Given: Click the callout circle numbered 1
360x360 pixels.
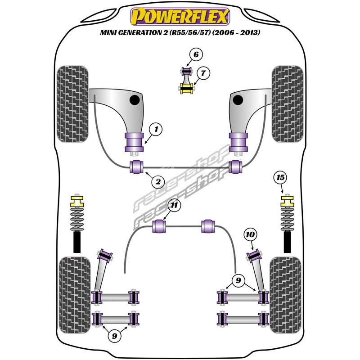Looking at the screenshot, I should (x=156, y=130).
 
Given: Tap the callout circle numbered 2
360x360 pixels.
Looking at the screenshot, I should (x=157, y=182).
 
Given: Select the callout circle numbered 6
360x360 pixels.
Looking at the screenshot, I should (x=196, y=55).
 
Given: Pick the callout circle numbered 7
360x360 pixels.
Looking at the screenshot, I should (x=203, y=73).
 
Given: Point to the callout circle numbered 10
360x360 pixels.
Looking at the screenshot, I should (x=251, y=234).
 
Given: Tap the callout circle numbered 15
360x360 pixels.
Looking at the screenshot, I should (x=280, y=178).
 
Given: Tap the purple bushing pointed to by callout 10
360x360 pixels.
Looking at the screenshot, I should (x=254, y=255).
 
